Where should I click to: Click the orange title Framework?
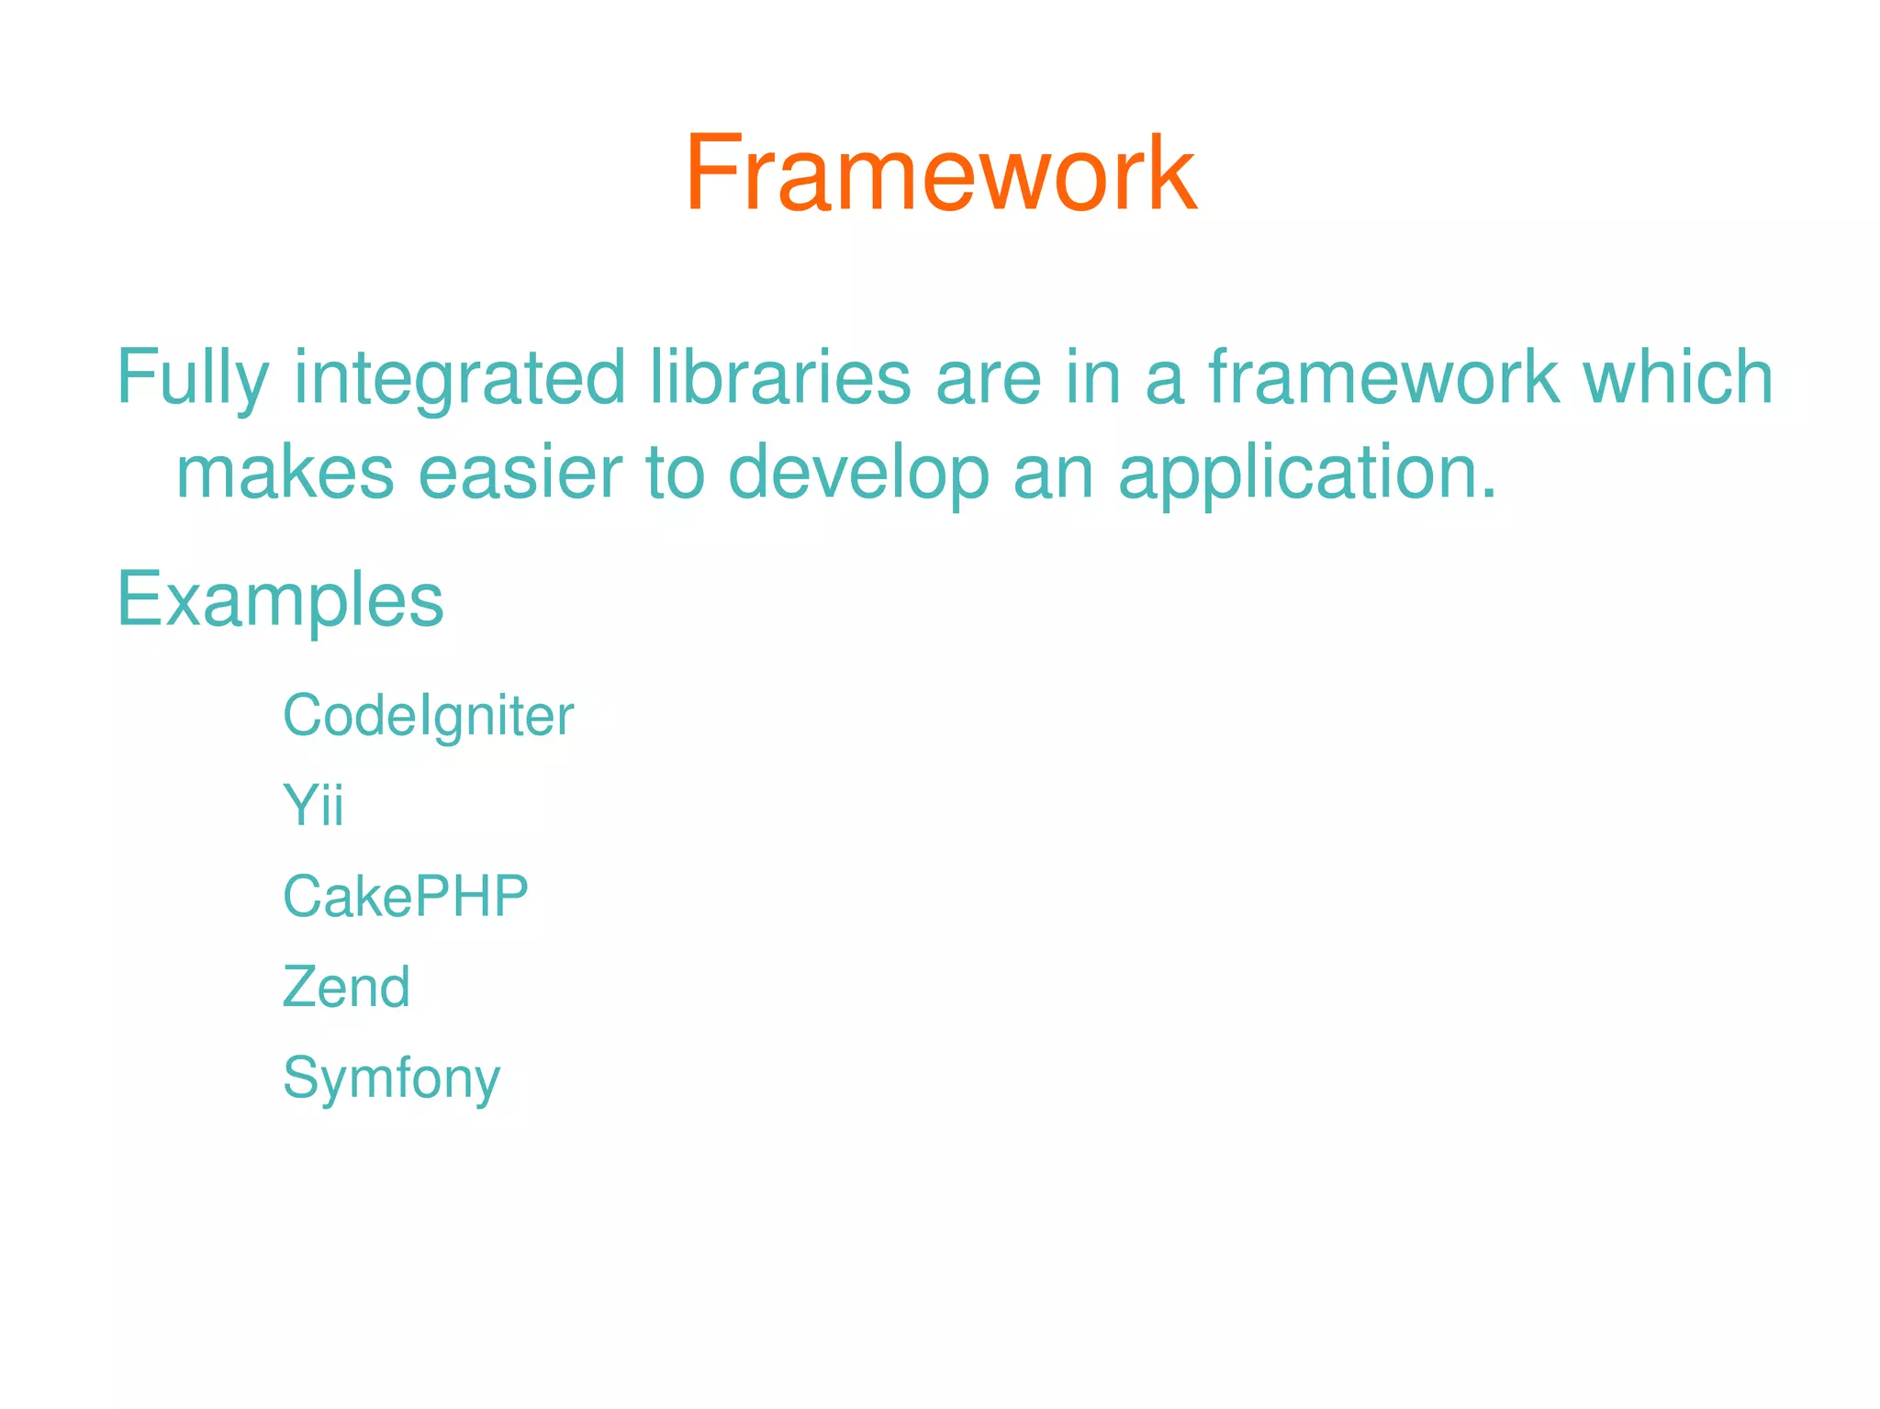click(x=940, y=174)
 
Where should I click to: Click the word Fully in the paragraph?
click(x=193, y=378)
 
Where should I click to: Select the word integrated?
click(x=459, y=378)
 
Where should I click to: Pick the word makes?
click(x=285, y=473)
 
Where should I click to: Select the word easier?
click(x=520, y=473)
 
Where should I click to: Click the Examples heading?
click(x=280, y=601)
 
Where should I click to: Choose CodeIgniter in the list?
click(x=428, y=716)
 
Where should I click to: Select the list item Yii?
click(x=313, y=805)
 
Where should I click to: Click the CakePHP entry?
click(x=405, y=896)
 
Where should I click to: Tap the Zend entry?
click(x=346, y=987)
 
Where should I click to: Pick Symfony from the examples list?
click(x=391, y=1079)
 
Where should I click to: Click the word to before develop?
click(x=675, y=473)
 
